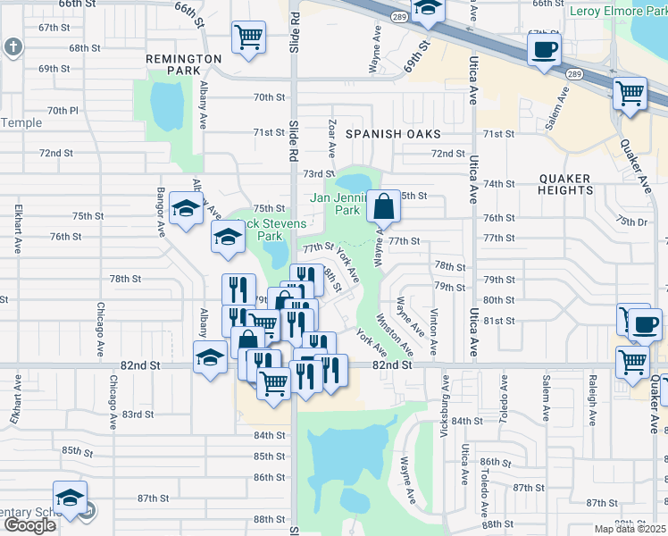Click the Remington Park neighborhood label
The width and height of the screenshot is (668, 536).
pos(183,64)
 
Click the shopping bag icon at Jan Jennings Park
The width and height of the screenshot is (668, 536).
pos(383,205)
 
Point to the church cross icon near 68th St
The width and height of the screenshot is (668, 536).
pos(13,46)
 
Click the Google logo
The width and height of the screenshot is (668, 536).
pos(29,525)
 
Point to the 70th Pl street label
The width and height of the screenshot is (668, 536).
pos(63,111)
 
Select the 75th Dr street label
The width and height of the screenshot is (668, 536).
pos(630,222)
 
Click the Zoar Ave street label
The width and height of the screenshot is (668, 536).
pos(331,138)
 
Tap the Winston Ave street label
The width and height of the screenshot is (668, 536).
pos(395,332)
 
